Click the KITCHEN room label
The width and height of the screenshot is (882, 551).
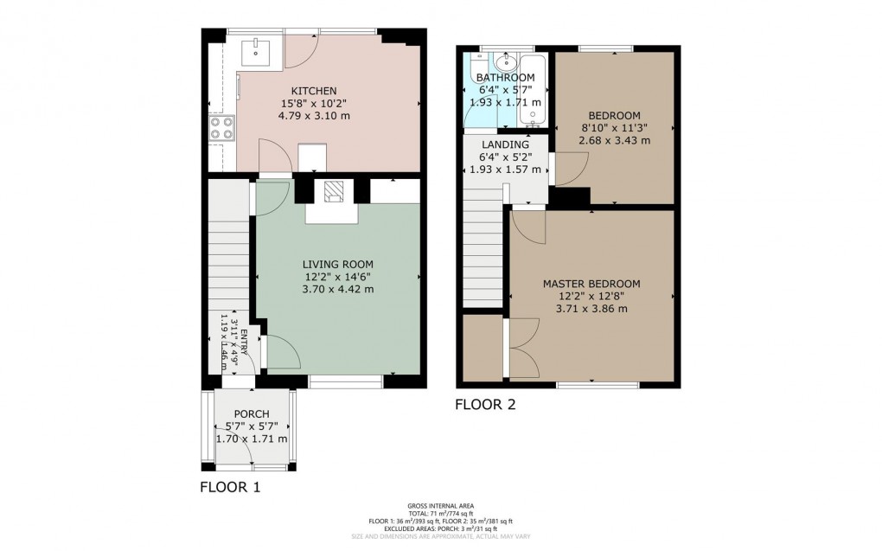point(313,91)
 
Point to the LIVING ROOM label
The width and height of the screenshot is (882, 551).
point(337,264)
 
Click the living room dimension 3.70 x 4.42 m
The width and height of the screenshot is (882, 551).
point(337,289)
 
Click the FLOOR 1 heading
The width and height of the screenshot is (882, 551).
point(230,487)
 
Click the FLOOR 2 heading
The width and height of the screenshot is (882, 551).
point(485,404)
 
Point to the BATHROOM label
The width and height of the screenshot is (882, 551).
point(507,77)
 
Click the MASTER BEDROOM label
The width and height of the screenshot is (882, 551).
point(591,284)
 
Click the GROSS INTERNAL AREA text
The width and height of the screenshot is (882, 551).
point(440,505)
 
